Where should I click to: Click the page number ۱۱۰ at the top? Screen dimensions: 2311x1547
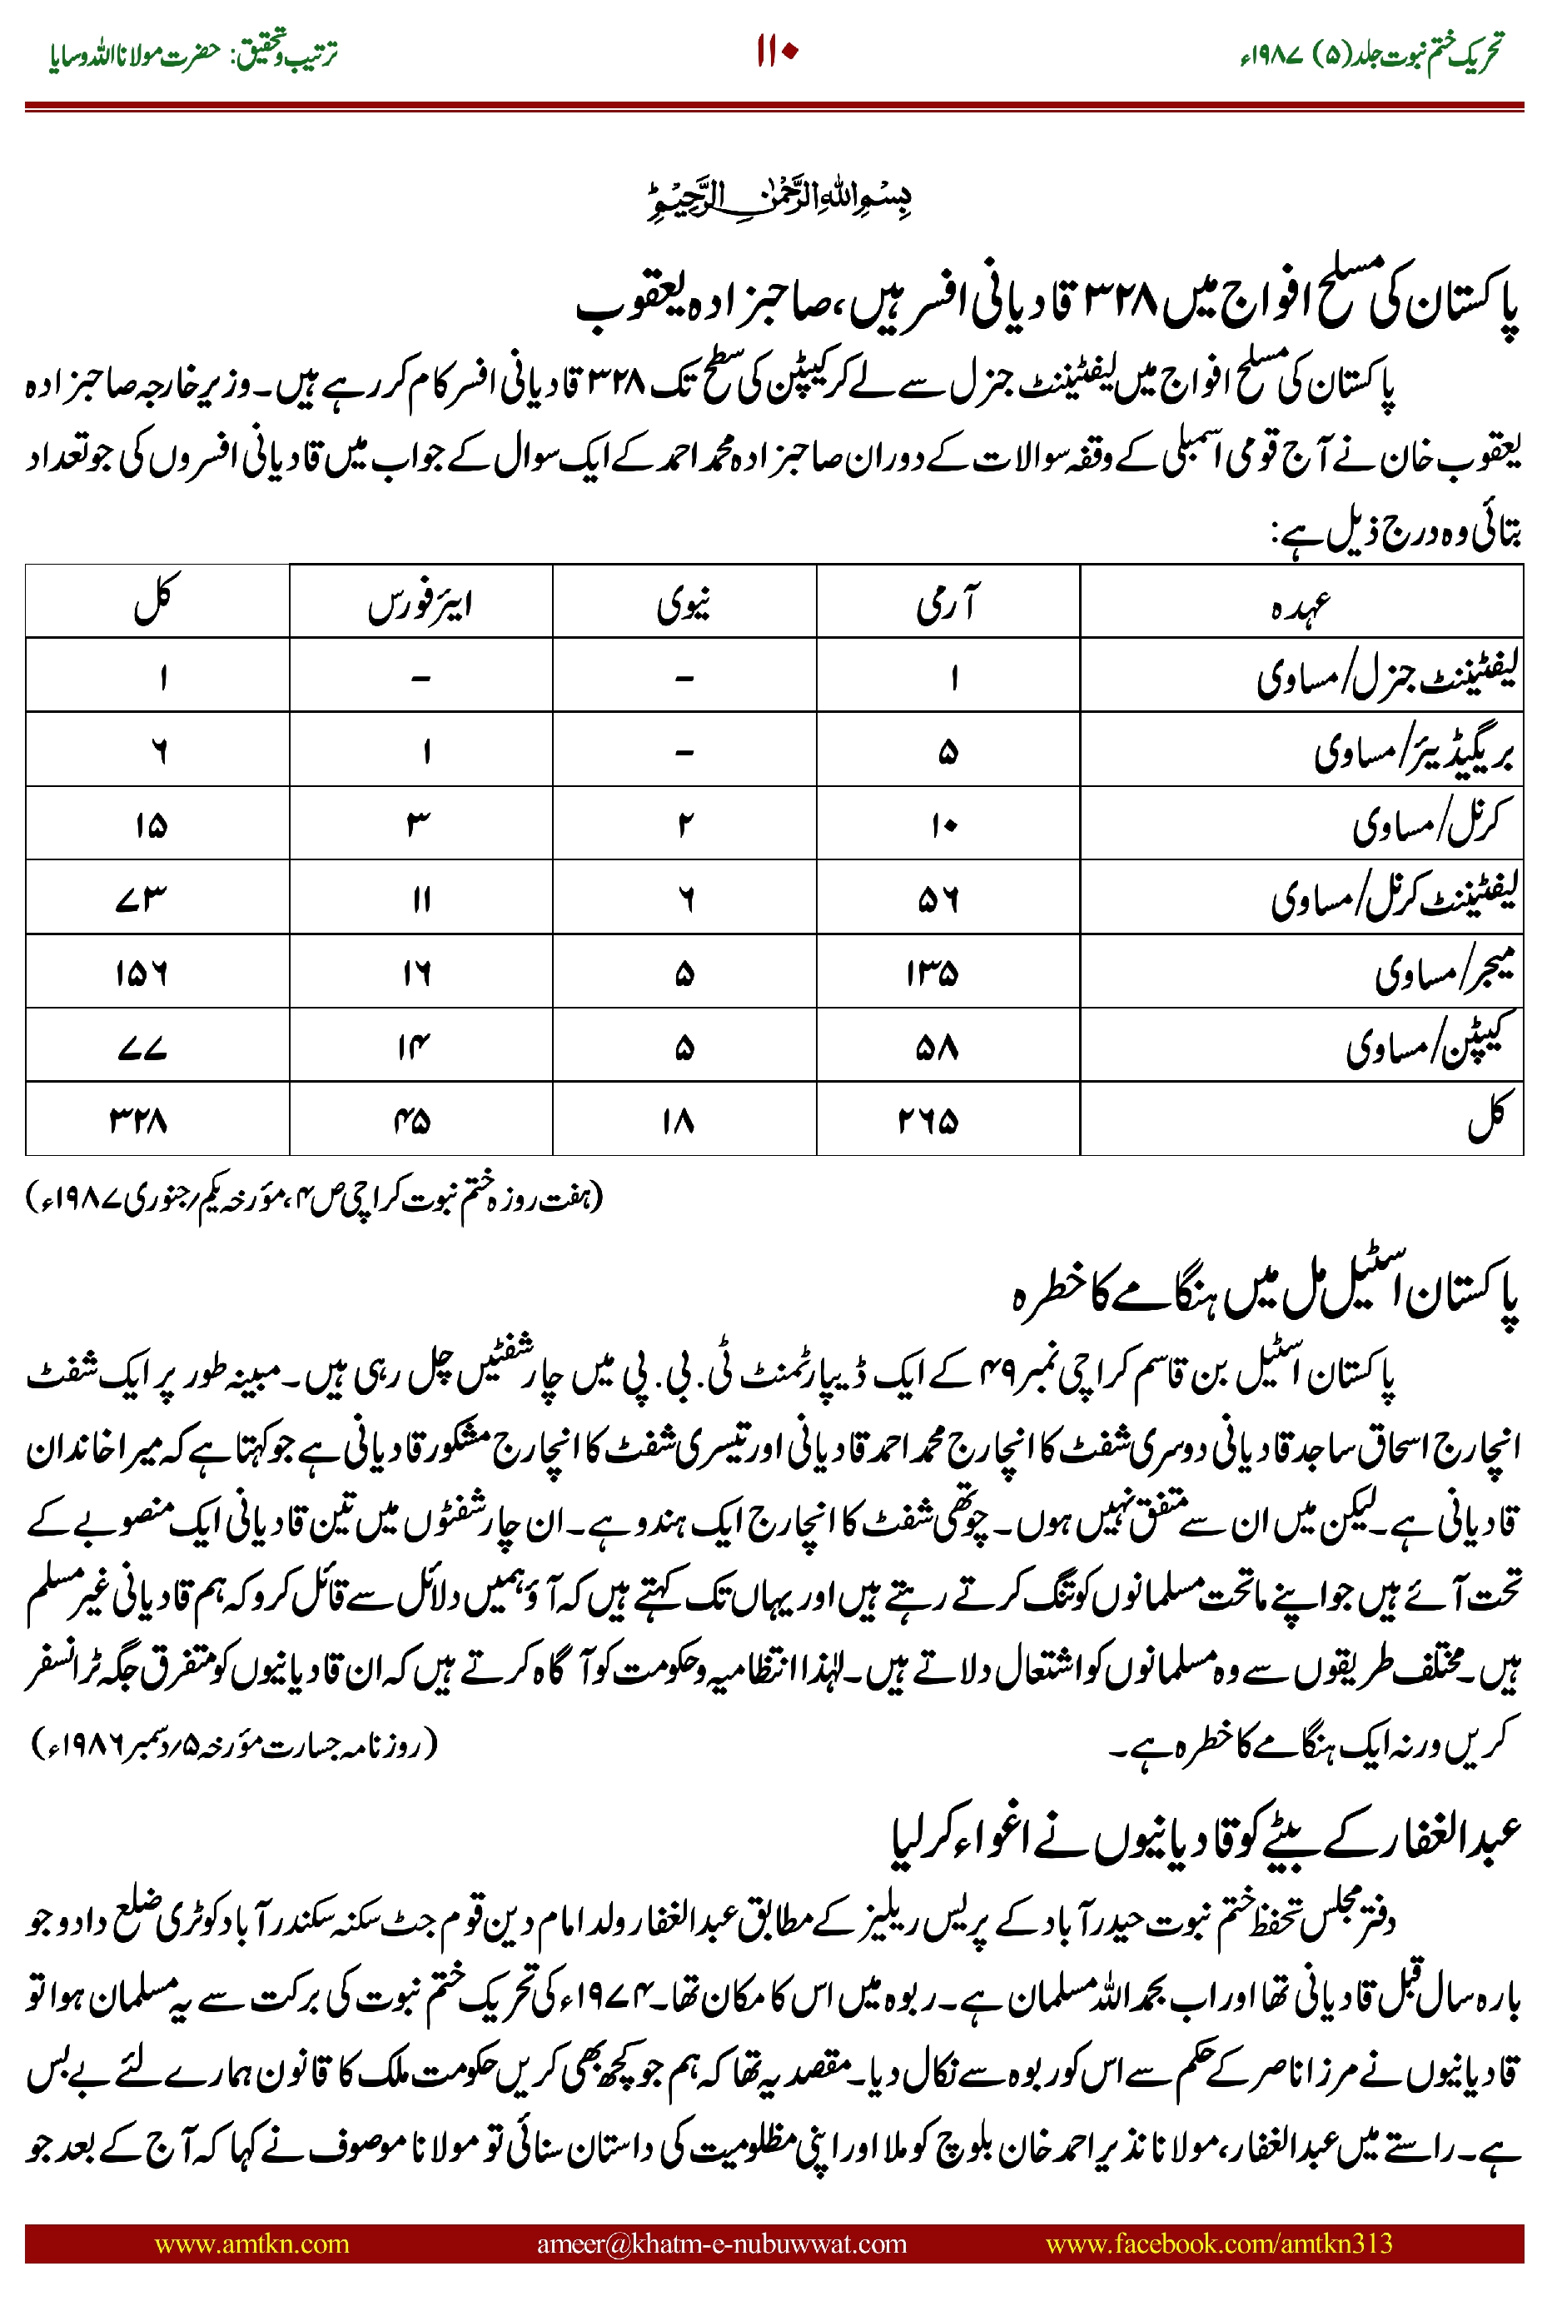pyautogui.click(x=775, y=52)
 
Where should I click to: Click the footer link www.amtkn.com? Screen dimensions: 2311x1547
pyautogui.click(x=251, y=2243)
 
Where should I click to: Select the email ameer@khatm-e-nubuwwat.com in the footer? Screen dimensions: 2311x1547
pyautogui.click(x=721, y=2243)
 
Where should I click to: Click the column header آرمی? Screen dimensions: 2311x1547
pyautogui.click(x=948, y=602)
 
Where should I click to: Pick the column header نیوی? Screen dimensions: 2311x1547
pyautogui.click(x=684, y=602)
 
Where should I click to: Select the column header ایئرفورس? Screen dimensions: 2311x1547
pyautogui.click(x=420, y=602)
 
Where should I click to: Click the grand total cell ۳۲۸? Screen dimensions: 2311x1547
pyautogui.click(x=139, y=1120)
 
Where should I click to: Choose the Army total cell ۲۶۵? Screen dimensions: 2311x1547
pyautogui.click(x=928, y=1120)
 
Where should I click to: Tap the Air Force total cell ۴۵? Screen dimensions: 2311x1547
pyautogui.click(x=412, y=1120)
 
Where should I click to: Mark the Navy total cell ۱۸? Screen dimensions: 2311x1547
pyautogui.click(x=679, y=1120)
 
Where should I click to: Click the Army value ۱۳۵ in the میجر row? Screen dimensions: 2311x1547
pyautogui.click(x=933, y=973)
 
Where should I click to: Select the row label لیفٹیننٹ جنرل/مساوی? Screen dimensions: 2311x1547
pyautogui.click(x=1386, y=677)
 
